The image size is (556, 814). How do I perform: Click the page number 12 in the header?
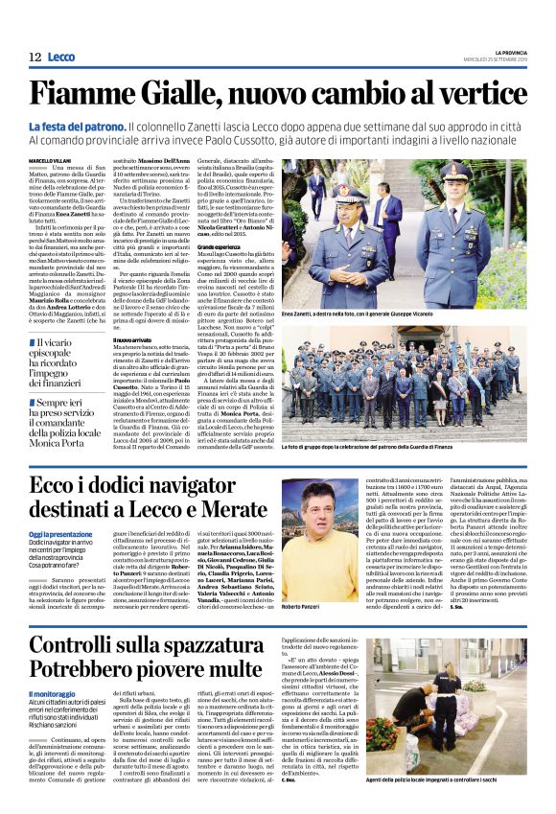(35, 58)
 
